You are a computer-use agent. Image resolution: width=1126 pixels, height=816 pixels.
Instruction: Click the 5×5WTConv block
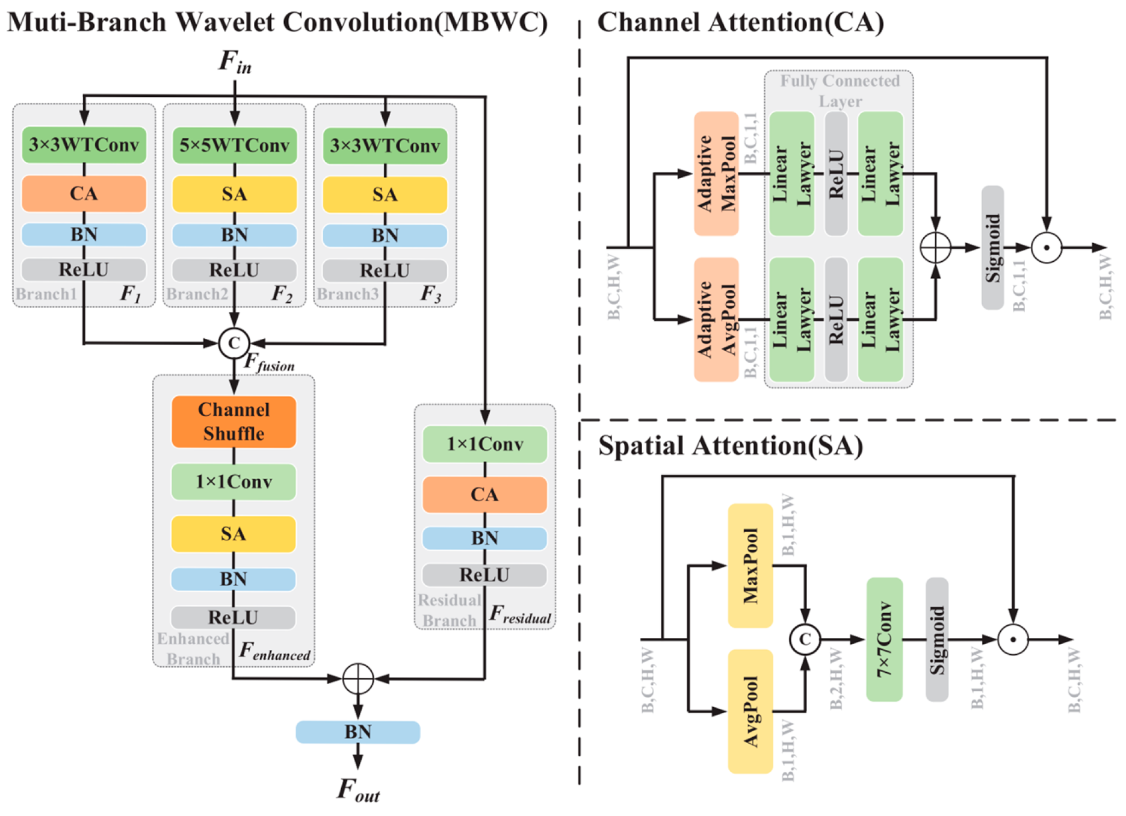pos(234,145)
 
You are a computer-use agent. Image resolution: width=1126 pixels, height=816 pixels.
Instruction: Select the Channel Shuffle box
pos(234,421)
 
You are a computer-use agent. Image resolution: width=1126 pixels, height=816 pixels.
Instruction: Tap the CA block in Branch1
pos(84,194)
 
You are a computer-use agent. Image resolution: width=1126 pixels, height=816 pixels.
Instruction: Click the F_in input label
pos(235,61)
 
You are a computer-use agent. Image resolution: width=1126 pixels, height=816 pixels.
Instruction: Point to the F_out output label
pos(358,790)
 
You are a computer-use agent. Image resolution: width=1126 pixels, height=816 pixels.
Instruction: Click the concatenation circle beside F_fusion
pos(234,343)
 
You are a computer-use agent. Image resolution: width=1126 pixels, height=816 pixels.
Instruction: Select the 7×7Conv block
pos(884,639)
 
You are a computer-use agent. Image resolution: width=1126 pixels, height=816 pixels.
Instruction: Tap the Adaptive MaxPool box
pos(716,173)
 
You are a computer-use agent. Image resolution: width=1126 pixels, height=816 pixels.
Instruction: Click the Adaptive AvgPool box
pos(716,320)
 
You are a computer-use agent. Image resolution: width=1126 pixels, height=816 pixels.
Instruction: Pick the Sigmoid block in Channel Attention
pos(992,247)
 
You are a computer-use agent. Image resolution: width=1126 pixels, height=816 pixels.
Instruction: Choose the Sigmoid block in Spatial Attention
pos(936,639)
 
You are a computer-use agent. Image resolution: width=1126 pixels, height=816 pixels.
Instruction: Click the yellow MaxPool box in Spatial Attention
pos(750,566)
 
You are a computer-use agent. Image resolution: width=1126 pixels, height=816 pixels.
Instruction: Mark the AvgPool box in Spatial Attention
pos(750,711)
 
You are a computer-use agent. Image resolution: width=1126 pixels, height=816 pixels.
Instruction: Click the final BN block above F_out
pos(358,732)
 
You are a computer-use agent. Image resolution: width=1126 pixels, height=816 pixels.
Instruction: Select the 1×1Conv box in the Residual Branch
pos(484,444)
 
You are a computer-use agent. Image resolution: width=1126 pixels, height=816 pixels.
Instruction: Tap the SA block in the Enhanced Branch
pos(234,534)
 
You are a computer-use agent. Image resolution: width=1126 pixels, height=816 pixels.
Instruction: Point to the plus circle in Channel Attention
pos(935,247)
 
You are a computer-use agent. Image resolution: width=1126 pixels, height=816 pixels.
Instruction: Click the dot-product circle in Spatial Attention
pos(1013,639)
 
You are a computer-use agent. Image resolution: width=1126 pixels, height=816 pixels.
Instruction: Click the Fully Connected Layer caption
pos(840,91)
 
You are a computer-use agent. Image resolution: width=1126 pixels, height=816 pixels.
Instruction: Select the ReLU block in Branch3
pos(385,271)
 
